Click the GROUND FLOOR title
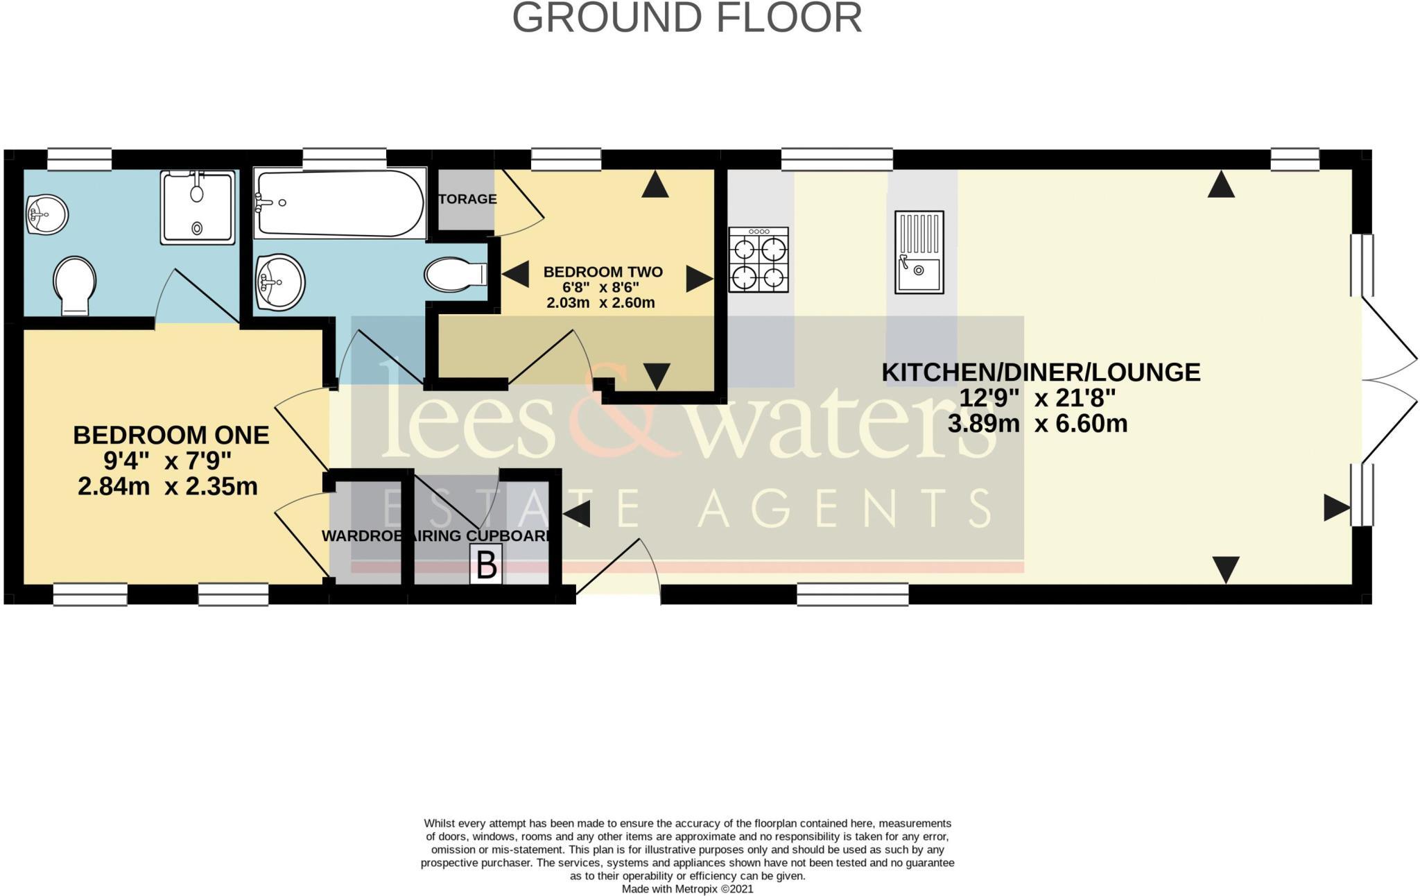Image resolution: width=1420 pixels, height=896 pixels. click(x=686, y=19)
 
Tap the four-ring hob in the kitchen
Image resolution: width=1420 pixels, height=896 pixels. click(x=758, y=260)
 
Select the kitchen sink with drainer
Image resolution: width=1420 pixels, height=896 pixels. click(x=919, y=252)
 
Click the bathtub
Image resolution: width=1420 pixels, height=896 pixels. click(x=340, y=203)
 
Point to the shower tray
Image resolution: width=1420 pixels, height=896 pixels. click(x=198, y=207)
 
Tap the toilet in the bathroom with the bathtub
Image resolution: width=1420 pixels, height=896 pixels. click(x=455, y=275)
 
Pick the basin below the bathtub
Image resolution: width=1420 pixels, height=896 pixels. click(x=280, y=282)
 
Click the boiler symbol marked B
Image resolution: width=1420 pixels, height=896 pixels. click(x=486, y=565)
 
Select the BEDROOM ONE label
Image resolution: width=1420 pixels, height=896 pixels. click(x=171, y=436)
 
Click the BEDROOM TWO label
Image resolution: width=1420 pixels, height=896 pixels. click(x=603, y=272)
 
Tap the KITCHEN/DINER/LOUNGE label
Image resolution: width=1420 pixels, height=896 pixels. click(x=1040, y=372)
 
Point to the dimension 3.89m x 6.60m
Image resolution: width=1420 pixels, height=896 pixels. click(x=1037, y=424)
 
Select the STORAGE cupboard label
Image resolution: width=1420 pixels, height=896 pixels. click(x=467, y=199)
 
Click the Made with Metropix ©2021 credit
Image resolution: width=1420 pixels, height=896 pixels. click(x=686, y=888)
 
